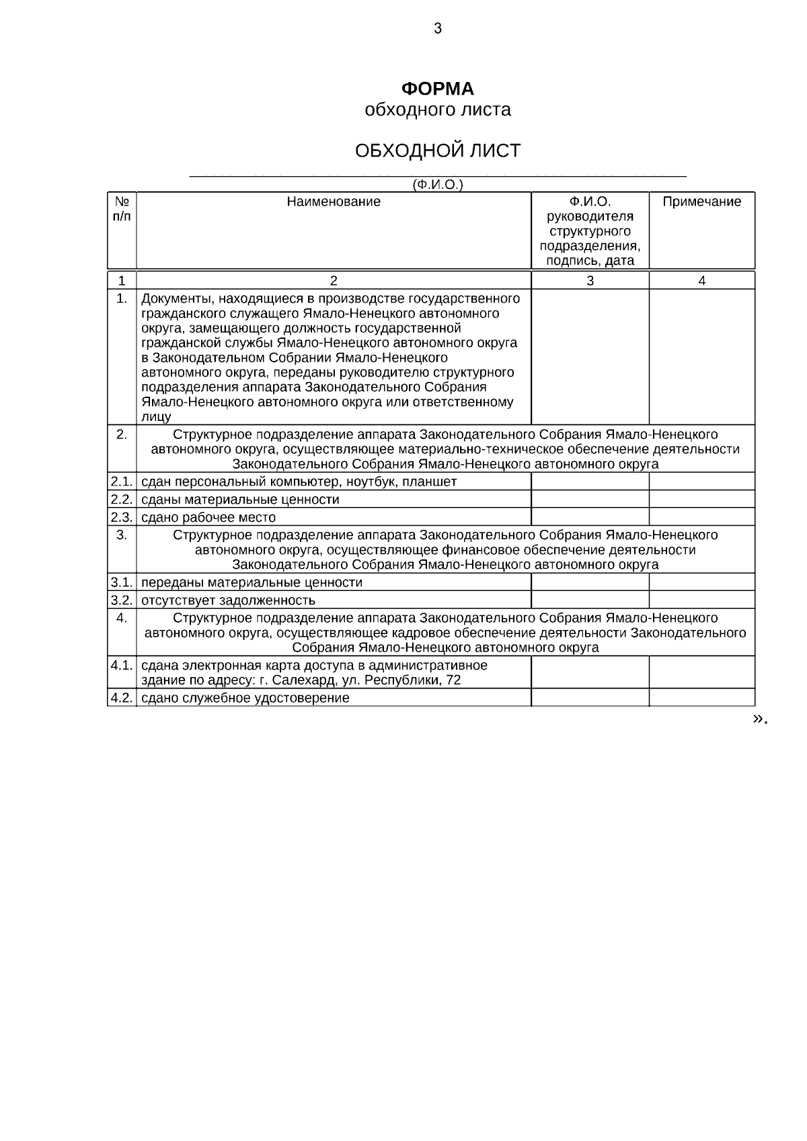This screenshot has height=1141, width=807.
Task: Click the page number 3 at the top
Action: point(438,28)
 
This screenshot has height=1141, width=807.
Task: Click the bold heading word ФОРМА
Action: point(437,89)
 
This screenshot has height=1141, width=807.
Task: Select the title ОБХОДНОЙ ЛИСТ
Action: point(437,151)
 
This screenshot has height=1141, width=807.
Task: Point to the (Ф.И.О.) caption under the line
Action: point(438,184)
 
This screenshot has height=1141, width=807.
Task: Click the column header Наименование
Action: point(333,202)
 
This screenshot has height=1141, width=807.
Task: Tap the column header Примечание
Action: point(701,202)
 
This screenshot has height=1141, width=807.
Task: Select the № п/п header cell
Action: point(122,208)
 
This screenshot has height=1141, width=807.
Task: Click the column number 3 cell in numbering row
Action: point(590,281)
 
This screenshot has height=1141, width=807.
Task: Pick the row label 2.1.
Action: point(122,481)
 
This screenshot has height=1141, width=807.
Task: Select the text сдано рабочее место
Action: point(208,517)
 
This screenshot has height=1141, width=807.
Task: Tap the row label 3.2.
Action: point(122,600)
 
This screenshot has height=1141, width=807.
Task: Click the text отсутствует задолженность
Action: point(228,600)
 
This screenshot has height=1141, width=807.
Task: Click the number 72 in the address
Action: point(453,680)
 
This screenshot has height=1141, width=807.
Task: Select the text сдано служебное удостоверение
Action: point(245,698)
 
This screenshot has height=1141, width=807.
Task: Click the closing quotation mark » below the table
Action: point(757,719)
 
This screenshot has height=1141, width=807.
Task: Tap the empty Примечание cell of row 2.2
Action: point(701,499)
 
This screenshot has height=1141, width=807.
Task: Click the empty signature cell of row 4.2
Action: point(590,698)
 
